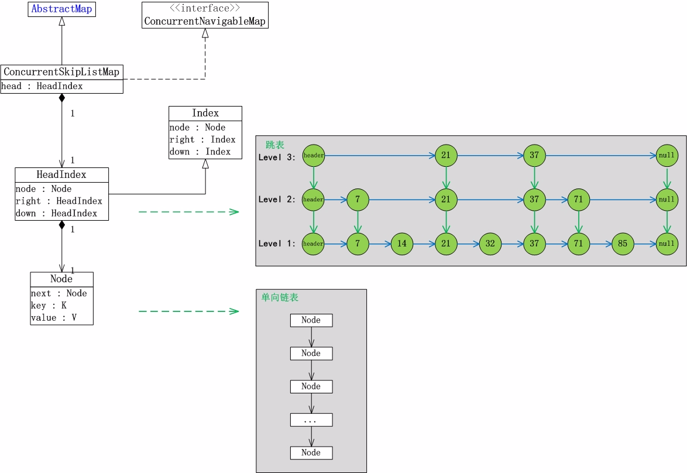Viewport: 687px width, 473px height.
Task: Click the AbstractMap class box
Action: pos(61,9)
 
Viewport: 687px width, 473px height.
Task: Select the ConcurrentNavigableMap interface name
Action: pos(205,22)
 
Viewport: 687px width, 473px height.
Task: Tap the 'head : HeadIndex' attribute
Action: pos(42,86)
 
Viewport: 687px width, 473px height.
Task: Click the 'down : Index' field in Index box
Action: pos(200,152)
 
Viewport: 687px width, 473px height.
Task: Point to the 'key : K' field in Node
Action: pos(49,306)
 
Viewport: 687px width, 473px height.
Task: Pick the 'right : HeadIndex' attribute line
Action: pos(59,201)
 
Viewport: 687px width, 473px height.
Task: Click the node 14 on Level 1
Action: pos(401,244)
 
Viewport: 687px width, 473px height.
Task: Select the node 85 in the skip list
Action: pos(623,244)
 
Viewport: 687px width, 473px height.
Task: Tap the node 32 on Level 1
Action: pos(490,244)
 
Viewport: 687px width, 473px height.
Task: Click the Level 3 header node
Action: pos(313,156)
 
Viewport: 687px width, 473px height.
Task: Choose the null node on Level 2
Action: pos(667,200)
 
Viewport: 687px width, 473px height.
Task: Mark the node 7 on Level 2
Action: pos(358,200)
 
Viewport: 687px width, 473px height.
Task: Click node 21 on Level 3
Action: pos(446,156)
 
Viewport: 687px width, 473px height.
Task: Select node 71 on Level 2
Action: pos(578,200)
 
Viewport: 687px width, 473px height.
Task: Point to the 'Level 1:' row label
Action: pos(277,244)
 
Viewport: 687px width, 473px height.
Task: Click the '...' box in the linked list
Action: pos(311,420)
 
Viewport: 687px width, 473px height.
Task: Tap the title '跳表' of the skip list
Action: pos(275,145)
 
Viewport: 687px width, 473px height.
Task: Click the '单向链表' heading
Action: pos(280,297)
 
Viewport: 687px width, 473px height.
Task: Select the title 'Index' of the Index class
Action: pos(205,113)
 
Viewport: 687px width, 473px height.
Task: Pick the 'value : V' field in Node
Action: pos(53,318)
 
